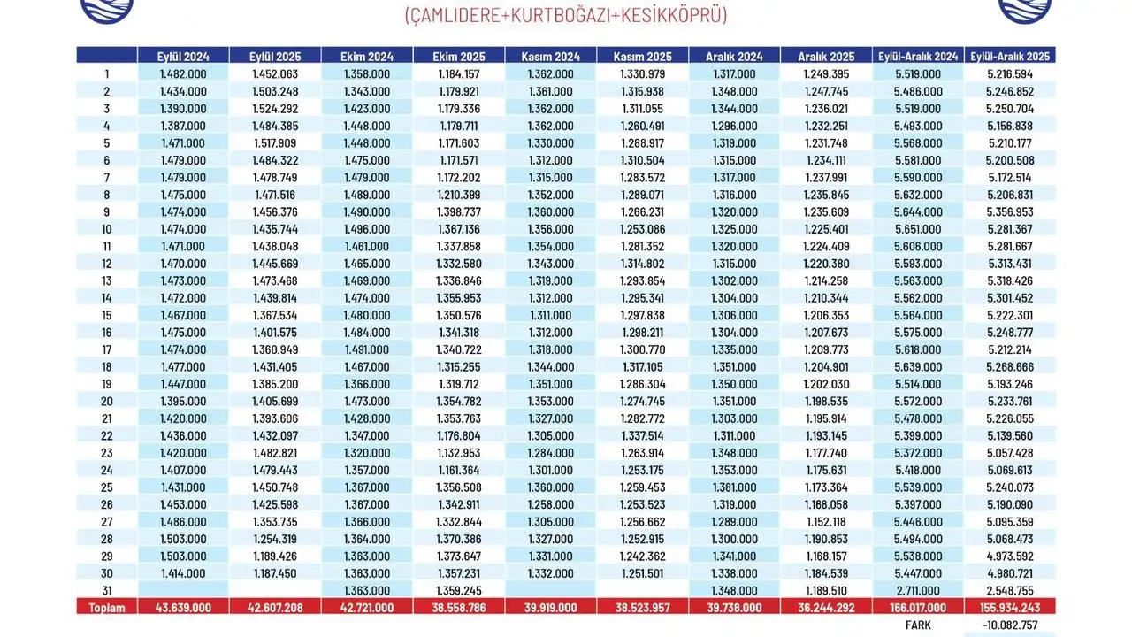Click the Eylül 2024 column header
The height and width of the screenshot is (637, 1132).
tap(183, 56)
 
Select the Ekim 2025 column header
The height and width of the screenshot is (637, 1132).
tap(458, 56)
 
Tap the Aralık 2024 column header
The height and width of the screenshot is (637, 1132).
tap(734, 56)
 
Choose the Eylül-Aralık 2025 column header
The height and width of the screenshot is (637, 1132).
tap(1010, 56)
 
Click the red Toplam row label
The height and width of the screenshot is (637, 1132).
tap(107, 608)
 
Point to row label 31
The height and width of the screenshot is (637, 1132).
tap(107, 591)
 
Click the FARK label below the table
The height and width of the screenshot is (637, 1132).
tap(919, 625)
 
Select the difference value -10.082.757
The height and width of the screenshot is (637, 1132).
tap(1010, 625)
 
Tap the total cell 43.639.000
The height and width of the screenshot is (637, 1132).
tap(183, 608)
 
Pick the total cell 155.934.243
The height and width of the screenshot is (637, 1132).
tap(1010, 608)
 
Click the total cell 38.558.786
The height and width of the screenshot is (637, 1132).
tap(458, 608)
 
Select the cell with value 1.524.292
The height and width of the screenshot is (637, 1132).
tap(275, 109)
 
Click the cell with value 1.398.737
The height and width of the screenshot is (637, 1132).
tap(458, 212)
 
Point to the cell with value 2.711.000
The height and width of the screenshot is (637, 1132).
tap(919, 591)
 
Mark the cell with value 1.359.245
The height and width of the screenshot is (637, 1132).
tap(458, 591)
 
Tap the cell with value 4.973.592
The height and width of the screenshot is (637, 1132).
tap(1010, 556)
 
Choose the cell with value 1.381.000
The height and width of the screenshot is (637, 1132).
tap(734, 487)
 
